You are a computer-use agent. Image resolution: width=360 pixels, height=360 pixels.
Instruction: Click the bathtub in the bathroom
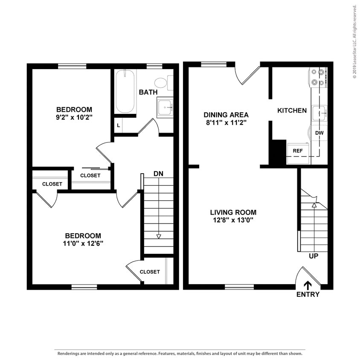click(125, 91)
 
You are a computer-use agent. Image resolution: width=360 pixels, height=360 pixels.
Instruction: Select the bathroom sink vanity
click(165, 108)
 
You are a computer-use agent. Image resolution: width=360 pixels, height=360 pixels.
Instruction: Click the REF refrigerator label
click(297, 151)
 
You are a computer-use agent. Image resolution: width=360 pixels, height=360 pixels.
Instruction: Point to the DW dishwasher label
click(319, 133)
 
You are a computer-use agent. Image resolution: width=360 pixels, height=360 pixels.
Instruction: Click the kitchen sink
click(319, 113)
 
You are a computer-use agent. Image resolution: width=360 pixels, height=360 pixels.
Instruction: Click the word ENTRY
click(308, 294)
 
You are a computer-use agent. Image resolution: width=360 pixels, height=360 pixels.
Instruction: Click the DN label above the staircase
click(159, 174)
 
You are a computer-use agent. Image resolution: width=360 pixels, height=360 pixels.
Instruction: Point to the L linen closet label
click(118, 125)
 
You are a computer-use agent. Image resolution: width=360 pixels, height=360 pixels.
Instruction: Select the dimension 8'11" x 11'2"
click(226, 123)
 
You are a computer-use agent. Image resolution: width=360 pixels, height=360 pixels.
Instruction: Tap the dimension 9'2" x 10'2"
click(75, 117)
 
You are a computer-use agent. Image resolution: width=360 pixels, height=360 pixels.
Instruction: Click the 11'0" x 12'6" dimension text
click(83, 244)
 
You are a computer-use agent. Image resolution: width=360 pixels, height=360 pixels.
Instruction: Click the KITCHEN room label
click(292, 110)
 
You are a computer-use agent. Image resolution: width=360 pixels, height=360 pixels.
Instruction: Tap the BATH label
click(148, 92)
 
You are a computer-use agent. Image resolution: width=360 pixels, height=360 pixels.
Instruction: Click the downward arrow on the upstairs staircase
click(159, 236)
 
